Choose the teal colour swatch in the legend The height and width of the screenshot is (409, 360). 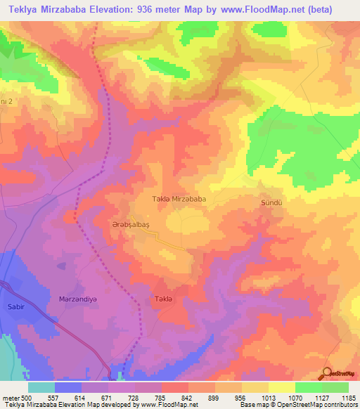(41, 387)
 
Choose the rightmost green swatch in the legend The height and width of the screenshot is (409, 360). (335, 387)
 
